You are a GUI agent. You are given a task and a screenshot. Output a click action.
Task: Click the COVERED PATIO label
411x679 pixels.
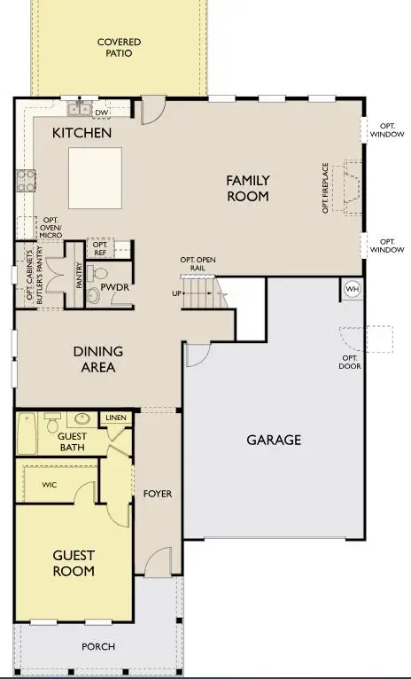coord(119,47)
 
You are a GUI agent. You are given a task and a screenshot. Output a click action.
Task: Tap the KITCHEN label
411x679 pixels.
coord(81,133)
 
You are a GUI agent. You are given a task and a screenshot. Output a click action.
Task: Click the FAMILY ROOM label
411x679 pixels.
coord(247,188)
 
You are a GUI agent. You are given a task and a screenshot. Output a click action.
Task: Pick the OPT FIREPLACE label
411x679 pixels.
coord(326,187)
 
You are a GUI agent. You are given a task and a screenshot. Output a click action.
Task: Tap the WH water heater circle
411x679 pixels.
coord(352,289)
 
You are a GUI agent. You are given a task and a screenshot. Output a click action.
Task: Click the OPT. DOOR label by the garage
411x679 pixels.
coord(352,363)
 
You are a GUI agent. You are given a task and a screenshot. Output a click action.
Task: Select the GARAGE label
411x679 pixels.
coord(274,440)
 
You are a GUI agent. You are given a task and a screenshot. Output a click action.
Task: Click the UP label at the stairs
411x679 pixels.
coord(177,293)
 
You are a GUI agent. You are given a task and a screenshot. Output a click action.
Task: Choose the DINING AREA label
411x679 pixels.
coord(97,359)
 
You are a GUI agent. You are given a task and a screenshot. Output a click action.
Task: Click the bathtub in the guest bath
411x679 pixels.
coord(27,433)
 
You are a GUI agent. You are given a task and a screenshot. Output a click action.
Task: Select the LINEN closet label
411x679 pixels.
coord(115,418)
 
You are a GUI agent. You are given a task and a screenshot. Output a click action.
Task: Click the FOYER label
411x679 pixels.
coord(158,494)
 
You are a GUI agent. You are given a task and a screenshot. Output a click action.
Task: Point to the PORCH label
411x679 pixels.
coord(97,646)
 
